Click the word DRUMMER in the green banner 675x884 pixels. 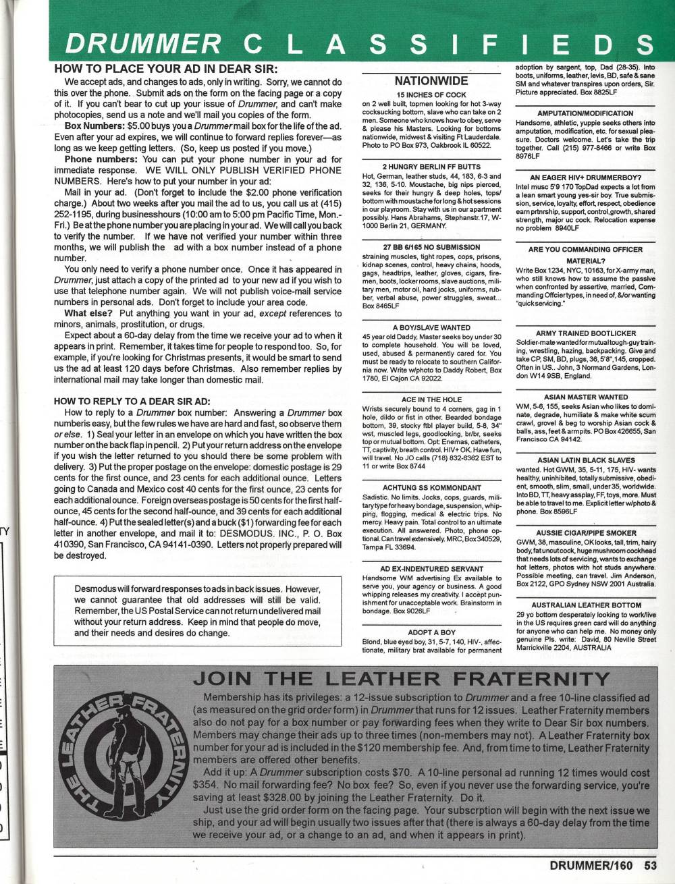pyautogui.click(x=143, y=44)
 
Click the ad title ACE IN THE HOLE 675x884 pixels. pyautogui.click(x=431, y=399)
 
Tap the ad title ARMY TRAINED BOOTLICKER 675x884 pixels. pyautogui.click(x=585, y=333)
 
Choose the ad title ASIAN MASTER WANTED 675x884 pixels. pyautogui.click(x=585, y=397)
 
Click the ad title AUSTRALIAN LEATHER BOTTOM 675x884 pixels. pyautogui.click(x=585, y=605)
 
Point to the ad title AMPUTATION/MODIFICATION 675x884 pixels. pyautogui.click(x=585, y=113)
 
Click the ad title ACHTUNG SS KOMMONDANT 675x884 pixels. pyautogui.click(x=431, y=487)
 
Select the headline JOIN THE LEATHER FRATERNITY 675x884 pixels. pyautogui.click(x=401, y=678)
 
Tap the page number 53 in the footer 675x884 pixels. pyautogui.click(x=651, y=864)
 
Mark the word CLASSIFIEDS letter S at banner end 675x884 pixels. pyautogui.click(x=645, y=44)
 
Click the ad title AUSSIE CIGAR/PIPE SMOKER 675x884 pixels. pyautogui.click(x=585, y=532)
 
